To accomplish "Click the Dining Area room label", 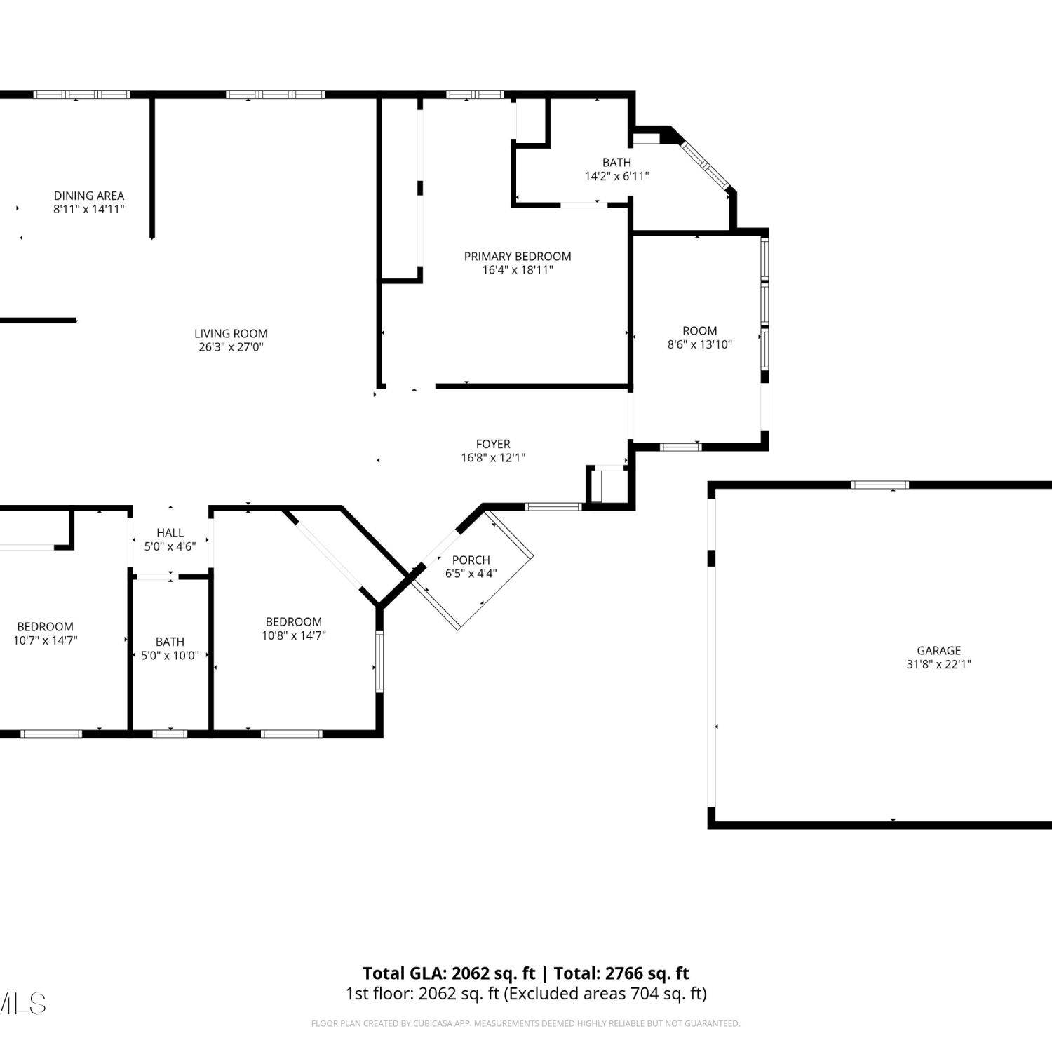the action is point(89,196).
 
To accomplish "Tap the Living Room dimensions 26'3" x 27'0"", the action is point(231,346).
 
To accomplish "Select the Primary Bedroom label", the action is point(518,256).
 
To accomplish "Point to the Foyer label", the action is point(493,444).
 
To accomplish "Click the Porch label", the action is point(471,560).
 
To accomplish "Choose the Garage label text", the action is point(939,650).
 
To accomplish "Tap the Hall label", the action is point(170,533).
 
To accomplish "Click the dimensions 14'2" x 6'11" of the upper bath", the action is point(617,176).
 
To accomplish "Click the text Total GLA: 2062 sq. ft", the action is point(449,973).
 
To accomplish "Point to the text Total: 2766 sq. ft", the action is point(621,973).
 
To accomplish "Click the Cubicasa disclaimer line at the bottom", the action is point(525,1024).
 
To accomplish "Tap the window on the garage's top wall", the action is point(879,485).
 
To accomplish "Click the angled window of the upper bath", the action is point(706,166).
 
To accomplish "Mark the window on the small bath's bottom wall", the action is point(170,734).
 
